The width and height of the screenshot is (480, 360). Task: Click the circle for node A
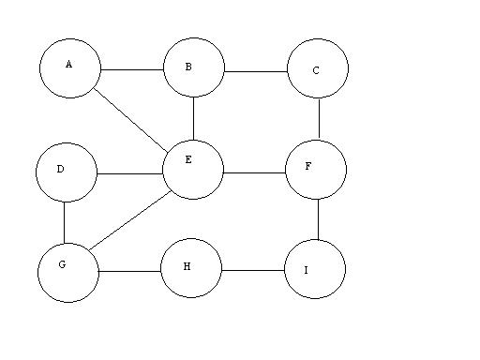click(x=70, y=67)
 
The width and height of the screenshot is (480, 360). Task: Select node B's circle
click(x=194, y=67)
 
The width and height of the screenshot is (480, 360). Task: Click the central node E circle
click(x=193, y=169)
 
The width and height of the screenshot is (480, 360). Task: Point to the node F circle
click(x=316, y=170)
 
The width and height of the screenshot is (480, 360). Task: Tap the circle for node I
click(x=315, y=269)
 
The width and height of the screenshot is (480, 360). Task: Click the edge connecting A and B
click(x=132, y=70)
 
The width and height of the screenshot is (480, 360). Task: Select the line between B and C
click(x=256, y=71)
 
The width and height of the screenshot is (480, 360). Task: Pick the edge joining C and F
click(x=319, y=119)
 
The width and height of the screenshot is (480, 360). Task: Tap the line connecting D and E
click(x=129, y=173)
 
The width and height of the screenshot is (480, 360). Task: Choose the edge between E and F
click(x=254, y=172)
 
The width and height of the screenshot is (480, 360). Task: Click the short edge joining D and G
click(x=64, y=221)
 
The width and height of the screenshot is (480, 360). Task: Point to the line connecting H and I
click(x=252, y=271)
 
